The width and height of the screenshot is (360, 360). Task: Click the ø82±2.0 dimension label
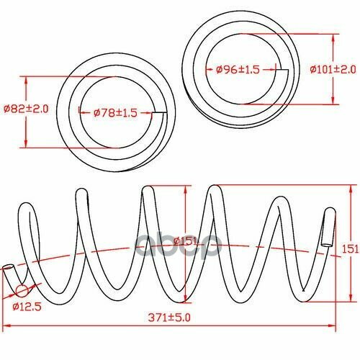[26, 109]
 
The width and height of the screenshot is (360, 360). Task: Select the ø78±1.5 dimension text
[115, 112]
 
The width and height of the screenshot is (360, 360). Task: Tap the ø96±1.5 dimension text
[238, 70]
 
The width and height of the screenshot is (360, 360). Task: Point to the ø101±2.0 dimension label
[333, 70]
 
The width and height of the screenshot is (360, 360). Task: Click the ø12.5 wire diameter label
[27, 307]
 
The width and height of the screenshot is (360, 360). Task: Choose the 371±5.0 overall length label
[169, 318]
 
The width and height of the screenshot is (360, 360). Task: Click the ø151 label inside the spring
[186, 240]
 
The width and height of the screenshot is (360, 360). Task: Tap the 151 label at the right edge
[350, 249]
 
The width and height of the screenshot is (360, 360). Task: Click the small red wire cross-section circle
[22, 291]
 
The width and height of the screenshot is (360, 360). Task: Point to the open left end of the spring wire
[8, 268]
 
